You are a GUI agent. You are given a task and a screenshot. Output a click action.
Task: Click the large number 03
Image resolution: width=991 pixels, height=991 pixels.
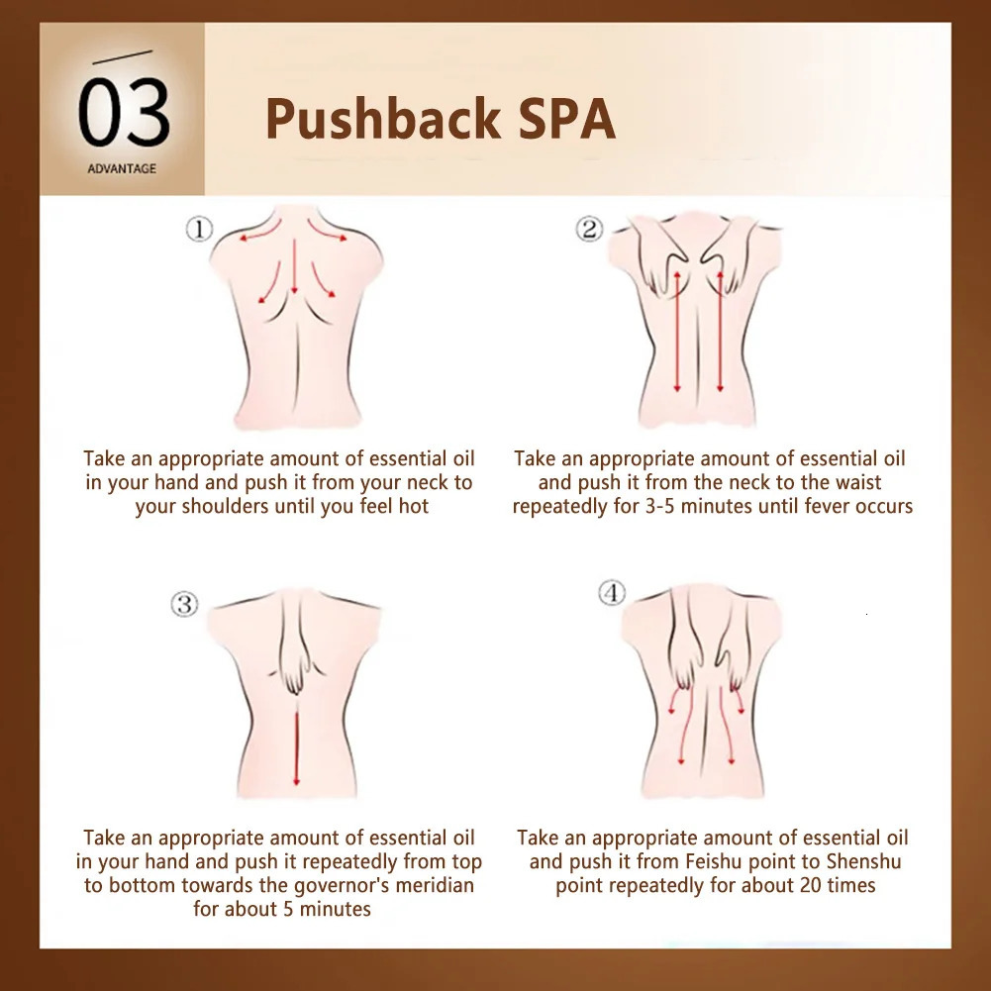(x=124, y=113)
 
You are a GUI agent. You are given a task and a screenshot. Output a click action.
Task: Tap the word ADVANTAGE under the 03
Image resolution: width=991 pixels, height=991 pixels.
(x=122, y=168)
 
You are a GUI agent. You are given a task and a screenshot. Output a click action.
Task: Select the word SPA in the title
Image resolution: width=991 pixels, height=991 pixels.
(x=567, y=118)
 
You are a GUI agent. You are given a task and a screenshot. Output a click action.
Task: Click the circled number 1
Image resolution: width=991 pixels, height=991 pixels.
(x=199, y=229)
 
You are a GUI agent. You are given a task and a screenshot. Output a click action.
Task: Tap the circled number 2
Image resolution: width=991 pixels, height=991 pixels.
(x=589, y=229)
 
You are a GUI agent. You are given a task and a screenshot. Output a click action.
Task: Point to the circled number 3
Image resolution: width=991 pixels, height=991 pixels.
(x=184, y=604)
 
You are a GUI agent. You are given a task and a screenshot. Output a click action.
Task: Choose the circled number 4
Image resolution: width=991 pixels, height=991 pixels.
(x=612, y=593)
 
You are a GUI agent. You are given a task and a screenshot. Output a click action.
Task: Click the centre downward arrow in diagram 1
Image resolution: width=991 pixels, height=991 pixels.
(x=294, y=266)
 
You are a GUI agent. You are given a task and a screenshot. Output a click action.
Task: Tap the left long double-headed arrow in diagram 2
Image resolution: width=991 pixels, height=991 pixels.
(x=677, y=332)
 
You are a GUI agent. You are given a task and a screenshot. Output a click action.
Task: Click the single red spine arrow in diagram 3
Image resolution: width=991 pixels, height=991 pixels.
(x=296, y=747)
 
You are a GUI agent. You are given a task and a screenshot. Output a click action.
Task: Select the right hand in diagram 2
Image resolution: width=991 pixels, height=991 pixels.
(x=727, y=256)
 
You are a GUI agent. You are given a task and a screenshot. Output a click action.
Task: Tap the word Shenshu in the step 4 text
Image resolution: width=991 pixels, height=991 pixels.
(x=864, y=861)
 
